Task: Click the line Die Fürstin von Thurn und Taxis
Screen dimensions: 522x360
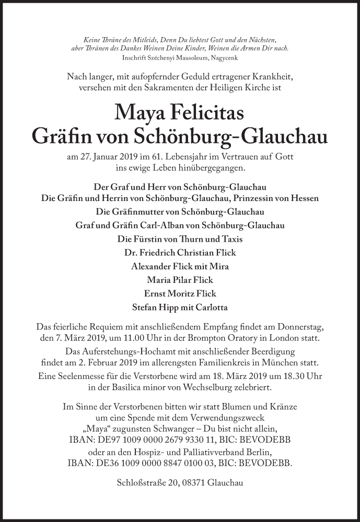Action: (x=180, y=239)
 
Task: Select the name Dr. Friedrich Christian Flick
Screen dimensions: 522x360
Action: (x=180, y=253)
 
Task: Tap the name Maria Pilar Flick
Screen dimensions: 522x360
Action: (x=180, y=280)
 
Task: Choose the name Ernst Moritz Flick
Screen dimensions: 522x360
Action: (x=180, y=293)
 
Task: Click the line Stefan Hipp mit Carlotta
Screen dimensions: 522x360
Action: (x=180, y=307)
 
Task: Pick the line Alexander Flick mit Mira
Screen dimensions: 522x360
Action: (x=180, y=266)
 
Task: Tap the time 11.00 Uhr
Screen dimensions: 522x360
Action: (x=141, y=337)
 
